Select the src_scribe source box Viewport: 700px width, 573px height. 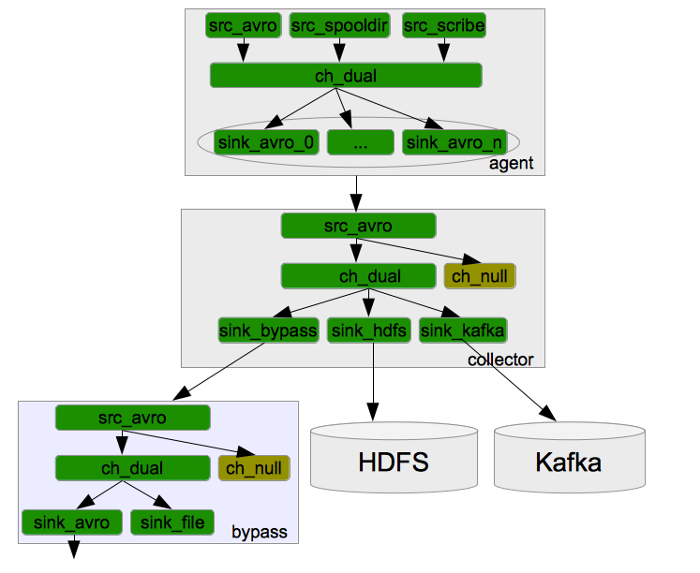pyautogui.click(x=444, y=26)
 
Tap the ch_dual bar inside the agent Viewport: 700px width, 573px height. pyautogui.click(x=346, y=76)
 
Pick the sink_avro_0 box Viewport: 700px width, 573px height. pyautogui.click(x=267, y=142)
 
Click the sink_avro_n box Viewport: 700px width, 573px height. pyautogui.click(x=454, y=142)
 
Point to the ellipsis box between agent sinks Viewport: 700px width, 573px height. pyautogui.click(x=360, y=142)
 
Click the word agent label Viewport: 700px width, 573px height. pyautogui.click(x=511, y=164)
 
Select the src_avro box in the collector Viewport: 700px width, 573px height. pyautogui.click(x=359, y=226)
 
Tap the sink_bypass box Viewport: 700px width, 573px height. pyautogui.click(x=268, y=331)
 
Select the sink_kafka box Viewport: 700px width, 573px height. pyautogui.click(x=463, y=331)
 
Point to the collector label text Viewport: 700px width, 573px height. pyautogui.click(x=500, y=360)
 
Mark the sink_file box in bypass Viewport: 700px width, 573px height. pyautogui.click(x=173, y=522)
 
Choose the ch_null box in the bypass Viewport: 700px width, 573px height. pyautogui.click(x=254, y=468)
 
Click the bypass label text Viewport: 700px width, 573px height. pyautogui.click(x=259, y=534)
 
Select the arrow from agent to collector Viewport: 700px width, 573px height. pyautogui.click(x=356, y=192)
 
